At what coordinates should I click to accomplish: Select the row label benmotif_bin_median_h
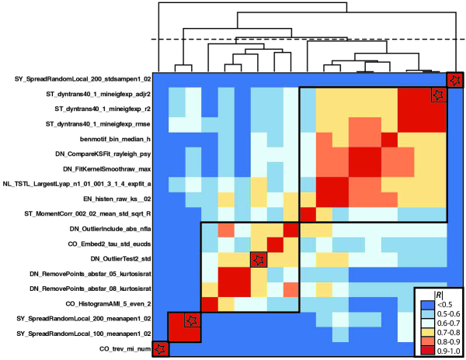click(x=106, y=139)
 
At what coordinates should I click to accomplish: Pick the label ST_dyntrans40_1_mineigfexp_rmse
click(x=85, y=124)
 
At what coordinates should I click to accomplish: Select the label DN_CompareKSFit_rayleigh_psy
click(x=94, y=154)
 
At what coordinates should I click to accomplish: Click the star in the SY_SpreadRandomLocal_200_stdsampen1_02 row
click(x=454, y=79)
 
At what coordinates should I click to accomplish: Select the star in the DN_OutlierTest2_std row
click(x=256, y=258)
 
